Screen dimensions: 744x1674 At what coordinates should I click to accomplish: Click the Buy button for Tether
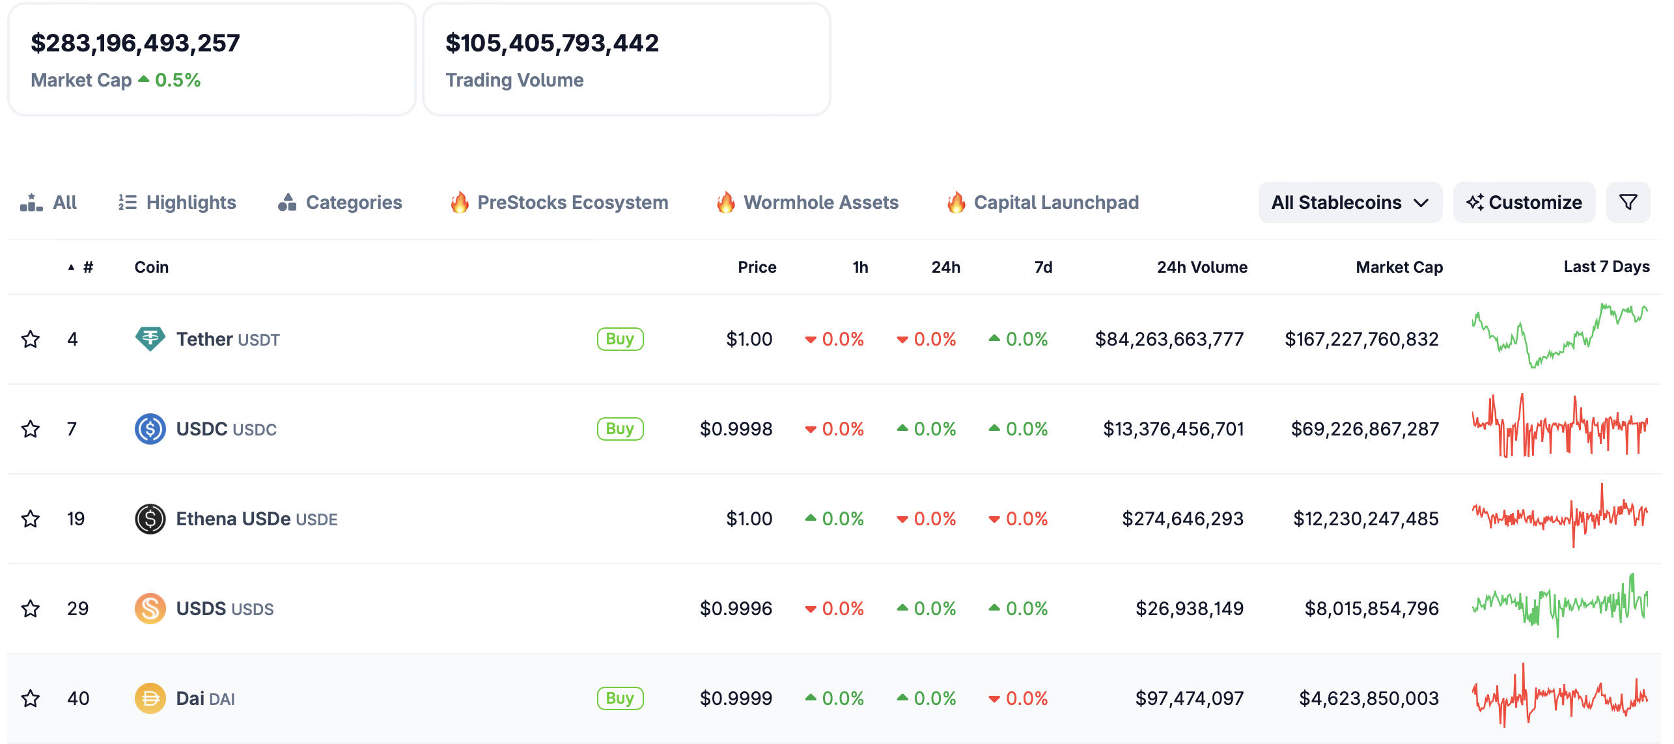tap(619, 339)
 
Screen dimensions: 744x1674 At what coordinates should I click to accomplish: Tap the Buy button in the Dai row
tap(619, 698)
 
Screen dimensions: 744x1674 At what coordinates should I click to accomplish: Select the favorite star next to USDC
tap(31, 429)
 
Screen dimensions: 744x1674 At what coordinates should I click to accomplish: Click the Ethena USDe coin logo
tap(150, 519)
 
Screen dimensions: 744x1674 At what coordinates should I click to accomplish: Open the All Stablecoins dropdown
tap(1349, 202)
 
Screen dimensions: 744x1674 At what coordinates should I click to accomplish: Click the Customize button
tap(1524, 202)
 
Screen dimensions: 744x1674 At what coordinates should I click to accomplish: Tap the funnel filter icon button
tap(1628, 202)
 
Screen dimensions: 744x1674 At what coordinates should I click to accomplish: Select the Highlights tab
tap(177, 202)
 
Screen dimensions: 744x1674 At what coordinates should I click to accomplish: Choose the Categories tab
tap(340, 202)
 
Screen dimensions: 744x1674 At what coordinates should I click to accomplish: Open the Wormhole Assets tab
tap(807, 202)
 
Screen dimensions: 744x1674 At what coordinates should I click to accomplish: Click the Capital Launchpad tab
tap(1042, 202)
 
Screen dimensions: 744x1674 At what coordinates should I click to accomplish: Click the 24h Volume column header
tap(1201, 267)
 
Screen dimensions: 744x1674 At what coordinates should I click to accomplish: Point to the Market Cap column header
tap(1399, 267)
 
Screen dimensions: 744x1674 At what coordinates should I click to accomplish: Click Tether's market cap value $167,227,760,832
tap(1361, 339)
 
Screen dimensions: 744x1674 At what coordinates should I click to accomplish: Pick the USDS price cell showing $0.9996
tap(736, 609)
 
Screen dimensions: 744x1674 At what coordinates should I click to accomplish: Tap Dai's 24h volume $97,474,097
tap(1189, 698)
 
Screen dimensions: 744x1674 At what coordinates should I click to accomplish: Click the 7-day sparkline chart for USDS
tap(1559, 606)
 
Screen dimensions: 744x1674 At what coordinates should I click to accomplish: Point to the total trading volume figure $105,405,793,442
tap(551, 43)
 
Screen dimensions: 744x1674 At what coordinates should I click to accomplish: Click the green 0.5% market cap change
tap(177, 80)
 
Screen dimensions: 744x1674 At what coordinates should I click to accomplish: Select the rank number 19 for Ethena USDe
tap(76, 519)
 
